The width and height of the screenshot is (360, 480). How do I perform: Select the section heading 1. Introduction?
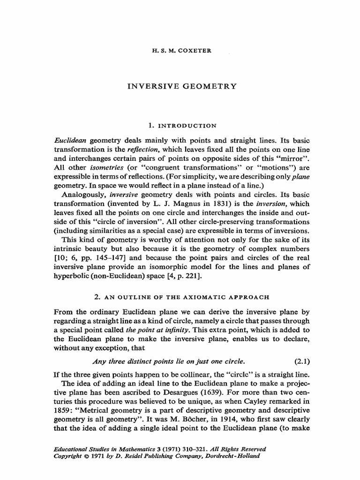click(180, 126)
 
